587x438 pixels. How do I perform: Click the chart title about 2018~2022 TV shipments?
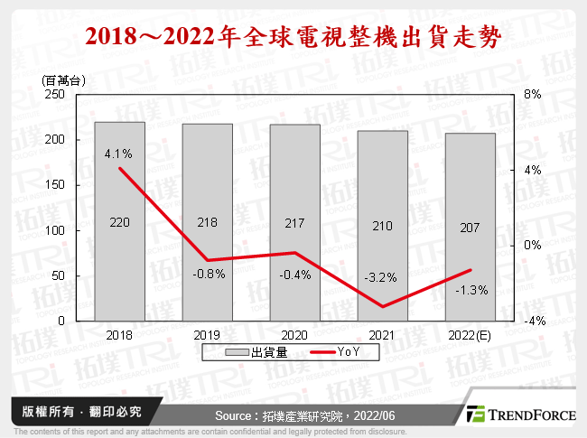coord(293,37)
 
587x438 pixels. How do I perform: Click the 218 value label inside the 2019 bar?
coord(207,222)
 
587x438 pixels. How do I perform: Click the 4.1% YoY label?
coord(119,153)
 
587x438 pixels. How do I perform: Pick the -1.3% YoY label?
coord(470,290)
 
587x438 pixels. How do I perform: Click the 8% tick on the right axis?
coord(532,94)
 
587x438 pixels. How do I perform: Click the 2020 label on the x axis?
coord(294,334)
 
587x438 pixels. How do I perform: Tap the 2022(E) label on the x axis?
coord(470,334)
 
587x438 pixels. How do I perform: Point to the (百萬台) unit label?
coord(61,79)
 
